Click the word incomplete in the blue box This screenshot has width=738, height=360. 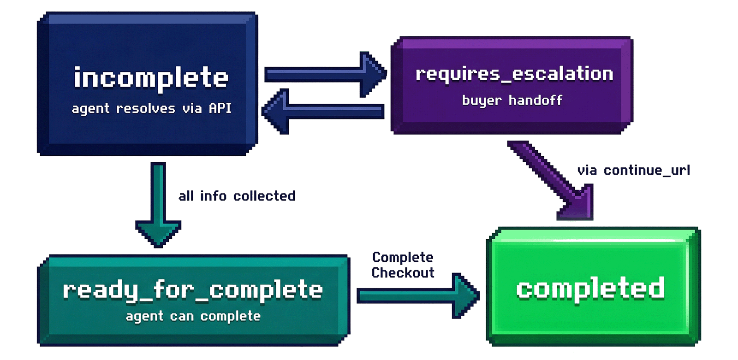(151, 78)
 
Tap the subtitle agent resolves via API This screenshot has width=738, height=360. (151, 108)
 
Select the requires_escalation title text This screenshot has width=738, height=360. (514, 74)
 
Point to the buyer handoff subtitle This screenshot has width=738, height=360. (512, 100)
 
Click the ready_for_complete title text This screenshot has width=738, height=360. (193, 290)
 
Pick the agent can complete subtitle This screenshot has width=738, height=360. (193, 316)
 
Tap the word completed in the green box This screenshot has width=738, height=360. (590, 289)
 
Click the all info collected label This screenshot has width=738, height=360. (237, 196)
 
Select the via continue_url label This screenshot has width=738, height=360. (633, 170)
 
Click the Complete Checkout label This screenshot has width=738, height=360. (403, 265)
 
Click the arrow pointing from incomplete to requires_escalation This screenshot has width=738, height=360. (325, 74)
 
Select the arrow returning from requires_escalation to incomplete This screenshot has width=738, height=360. (323, 111)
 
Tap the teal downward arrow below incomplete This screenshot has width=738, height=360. (158, 203)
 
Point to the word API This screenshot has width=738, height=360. (220, 108)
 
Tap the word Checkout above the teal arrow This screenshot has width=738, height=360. (403, 273)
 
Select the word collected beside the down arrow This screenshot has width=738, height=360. (264, 196)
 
